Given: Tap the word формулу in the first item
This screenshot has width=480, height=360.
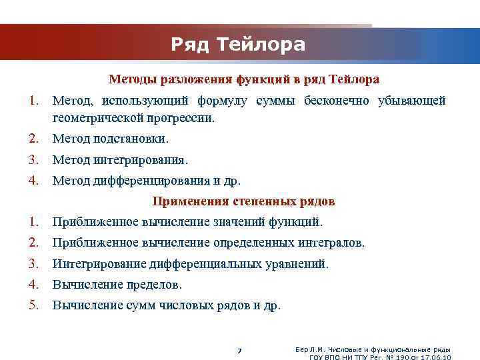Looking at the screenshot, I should [x=222, y=101].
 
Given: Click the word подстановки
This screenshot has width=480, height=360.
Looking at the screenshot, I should [x=135, y=139].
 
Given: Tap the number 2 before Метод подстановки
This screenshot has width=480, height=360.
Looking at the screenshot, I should [x=33, y=139].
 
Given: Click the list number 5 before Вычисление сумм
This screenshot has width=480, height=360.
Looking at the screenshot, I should [x=33, y=305].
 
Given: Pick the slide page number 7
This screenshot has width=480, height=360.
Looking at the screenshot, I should [x=239, y=351].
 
